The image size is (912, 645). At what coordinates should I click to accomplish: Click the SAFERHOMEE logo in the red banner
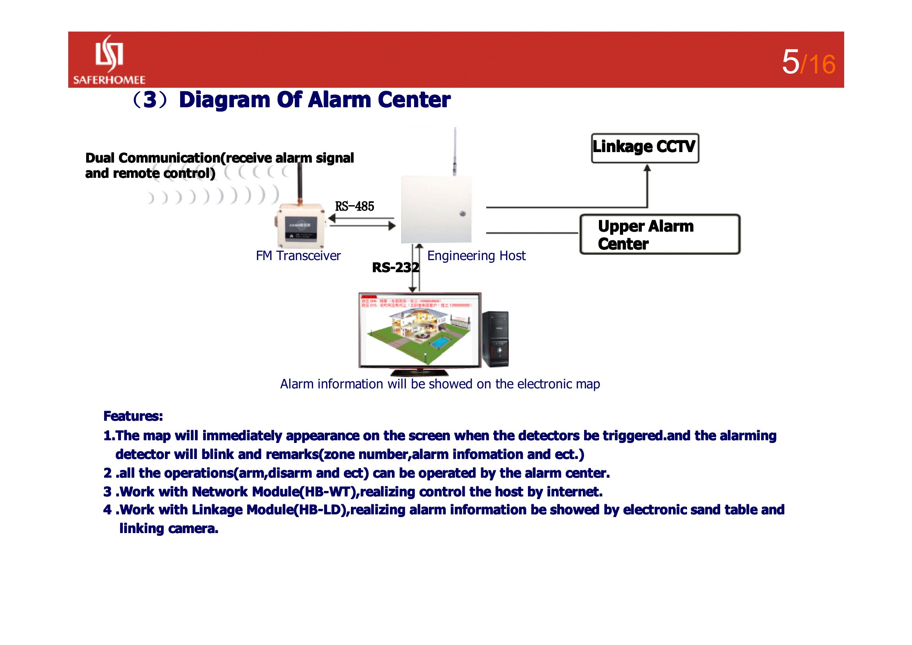109,60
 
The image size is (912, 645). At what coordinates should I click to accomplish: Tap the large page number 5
790,62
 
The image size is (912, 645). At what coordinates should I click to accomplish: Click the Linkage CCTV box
645,148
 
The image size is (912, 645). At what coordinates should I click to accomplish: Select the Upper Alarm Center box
659,234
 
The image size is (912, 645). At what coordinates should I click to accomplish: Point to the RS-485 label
354,207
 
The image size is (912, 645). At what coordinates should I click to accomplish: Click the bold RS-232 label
395,268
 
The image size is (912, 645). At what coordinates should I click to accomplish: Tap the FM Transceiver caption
298,256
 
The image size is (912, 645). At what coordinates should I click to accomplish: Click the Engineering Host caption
476,256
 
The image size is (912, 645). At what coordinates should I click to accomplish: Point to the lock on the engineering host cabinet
462,214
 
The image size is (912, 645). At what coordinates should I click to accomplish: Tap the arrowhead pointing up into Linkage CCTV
647,168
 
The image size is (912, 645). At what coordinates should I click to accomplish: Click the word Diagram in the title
225,100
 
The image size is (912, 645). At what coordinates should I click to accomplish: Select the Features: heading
133,416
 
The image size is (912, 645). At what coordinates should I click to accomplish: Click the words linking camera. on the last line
169,529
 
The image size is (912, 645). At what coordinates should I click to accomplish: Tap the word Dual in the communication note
100,158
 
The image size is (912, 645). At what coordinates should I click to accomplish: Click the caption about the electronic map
440,384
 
